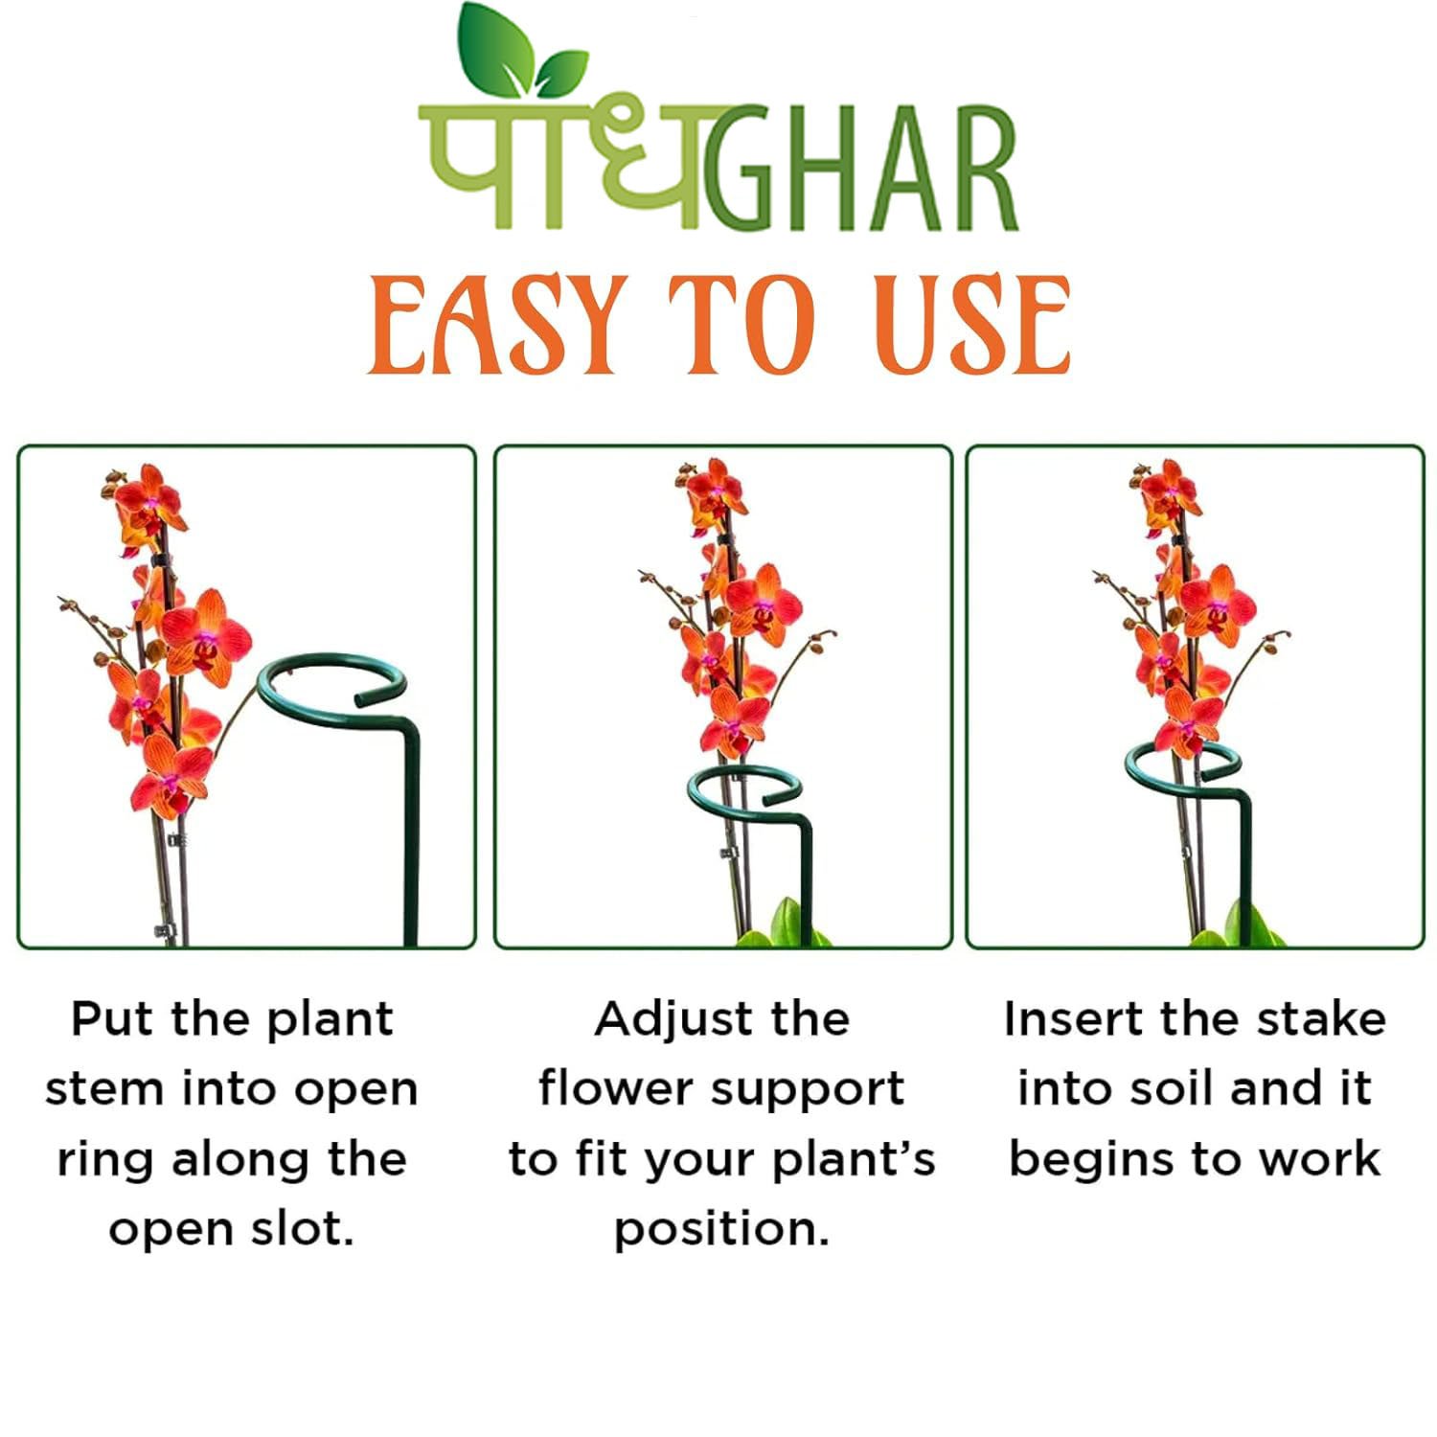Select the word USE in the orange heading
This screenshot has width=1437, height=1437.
click(x=971, y=326)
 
